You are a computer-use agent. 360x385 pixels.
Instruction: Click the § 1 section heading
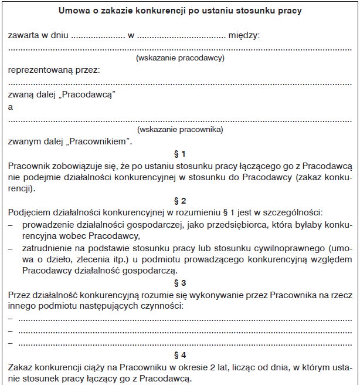pos(180,154)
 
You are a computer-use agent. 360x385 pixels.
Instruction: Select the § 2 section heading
pos(180,200)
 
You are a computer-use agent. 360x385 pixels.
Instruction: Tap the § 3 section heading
pos(180,282)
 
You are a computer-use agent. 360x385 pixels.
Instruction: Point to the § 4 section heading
pos(180,356)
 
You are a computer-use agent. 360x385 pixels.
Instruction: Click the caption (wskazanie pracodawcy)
pos(180,58)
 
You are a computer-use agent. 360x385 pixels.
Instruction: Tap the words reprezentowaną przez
pos(54,70)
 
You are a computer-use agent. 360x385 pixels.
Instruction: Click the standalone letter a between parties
pos(11,107)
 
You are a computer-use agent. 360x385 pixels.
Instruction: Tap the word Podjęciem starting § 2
pos(29,212)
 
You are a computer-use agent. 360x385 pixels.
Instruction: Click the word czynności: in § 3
pos(161,306)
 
